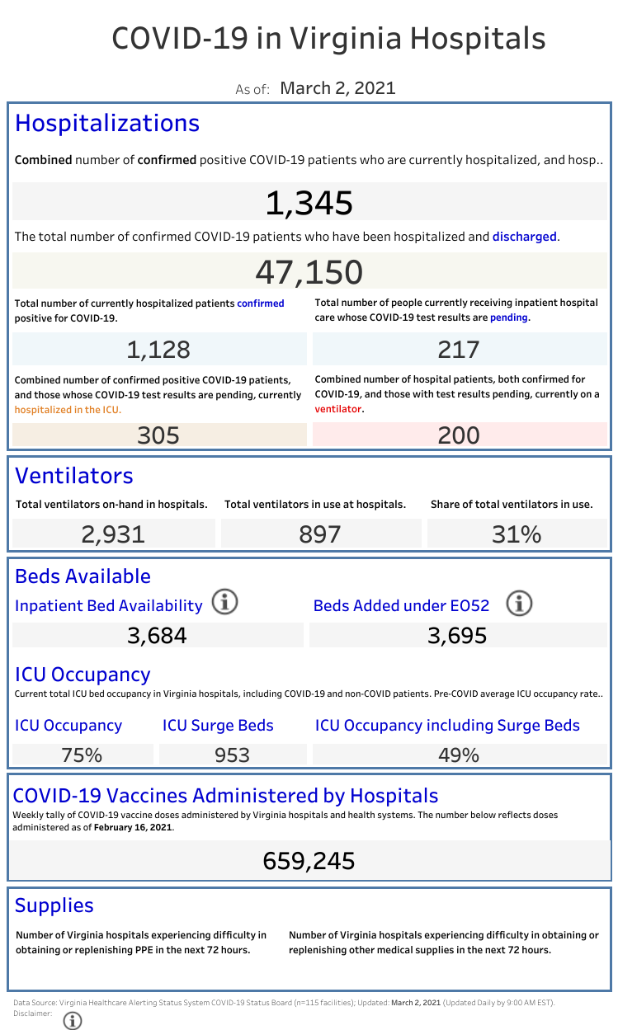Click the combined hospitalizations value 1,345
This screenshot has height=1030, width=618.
pos(309,203)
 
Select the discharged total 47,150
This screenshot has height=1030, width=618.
pos(309,271)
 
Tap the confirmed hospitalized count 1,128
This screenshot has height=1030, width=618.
pos(158,350)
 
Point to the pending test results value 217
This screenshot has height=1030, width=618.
pos(459,350)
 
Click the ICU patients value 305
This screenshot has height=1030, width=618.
pos(158,435)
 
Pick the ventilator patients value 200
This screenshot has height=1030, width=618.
pos(459,435)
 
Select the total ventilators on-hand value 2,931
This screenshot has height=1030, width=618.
pos(113,534)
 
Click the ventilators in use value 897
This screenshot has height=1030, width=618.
pos(320,534)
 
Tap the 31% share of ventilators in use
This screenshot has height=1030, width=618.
pos(517,534)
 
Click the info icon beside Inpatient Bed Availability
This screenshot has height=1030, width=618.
pos(224,603)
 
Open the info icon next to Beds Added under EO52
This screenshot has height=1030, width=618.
pos(519,604)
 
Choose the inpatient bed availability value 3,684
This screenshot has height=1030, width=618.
pos(157,636)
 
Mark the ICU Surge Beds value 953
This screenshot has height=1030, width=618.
pos(232,755)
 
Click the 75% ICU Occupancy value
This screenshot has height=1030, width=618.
pos(82,755)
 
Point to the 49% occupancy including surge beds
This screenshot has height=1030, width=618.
pos(459,755)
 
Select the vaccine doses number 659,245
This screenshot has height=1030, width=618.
pos(309,861)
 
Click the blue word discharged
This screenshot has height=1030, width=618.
pos(525,237)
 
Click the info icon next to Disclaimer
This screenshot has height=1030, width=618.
pos(73,1020)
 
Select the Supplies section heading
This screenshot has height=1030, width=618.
pos(54,905)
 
